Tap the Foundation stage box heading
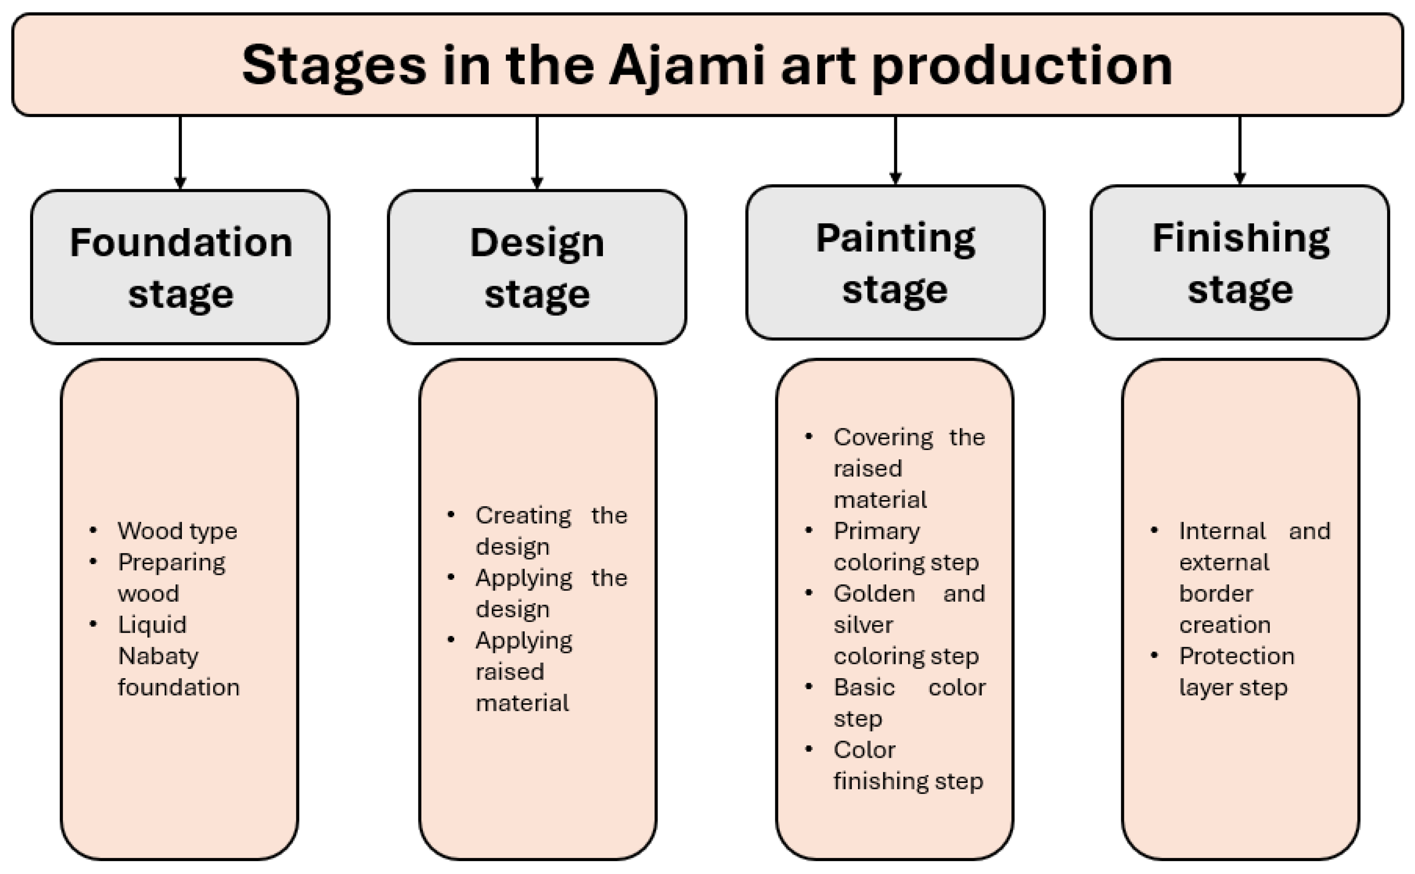(180, 267)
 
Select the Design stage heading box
(537, 267)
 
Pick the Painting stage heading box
(895, 263)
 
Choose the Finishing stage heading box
(1240, 263)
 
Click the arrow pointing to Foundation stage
(180, 153)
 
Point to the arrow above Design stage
(537, 153)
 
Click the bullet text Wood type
(177, 531)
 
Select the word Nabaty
(158, 656)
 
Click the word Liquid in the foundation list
(152, 625)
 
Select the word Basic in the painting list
(864, 687)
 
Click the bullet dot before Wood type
(93, 530)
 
